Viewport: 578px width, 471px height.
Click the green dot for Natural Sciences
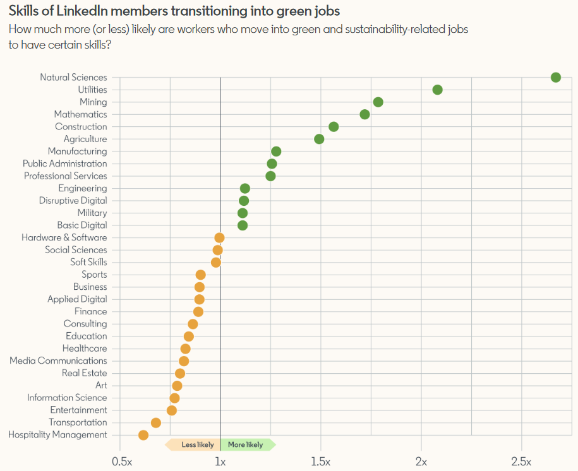[x=556, y=78]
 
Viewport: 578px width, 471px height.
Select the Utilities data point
[x=437, y=90]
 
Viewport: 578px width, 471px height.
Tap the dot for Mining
[x=378, y=102]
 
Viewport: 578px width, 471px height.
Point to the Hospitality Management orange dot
[x=143, y=435]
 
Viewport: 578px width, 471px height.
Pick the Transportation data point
[x=156, y=422]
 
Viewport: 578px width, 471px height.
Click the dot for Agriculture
[x=319, y=139]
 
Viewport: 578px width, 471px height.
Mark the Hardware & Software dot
[x=219, y=238]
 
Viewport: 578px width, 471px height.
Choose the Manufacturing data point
[x=276, y=152]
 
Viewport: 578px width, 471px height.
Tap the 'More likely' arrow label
[x=246, y=444]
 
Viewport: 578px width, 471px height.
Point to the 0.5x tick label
[x=121, y=462]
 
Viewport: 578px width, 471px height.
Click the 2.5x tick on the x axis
[x=521, y=462]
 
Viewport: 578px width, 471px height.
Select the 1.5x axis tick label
[x=320, y=462]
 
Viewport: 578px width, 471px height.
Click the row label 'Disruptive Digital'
[x=73, y=201]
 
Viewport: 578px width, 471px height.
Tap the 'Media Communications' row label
[x=58, y=361]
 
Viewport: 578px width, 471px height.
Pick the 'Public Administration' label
[x=65, y=164]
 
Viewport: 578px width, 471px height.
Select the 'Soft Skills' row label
[x=88, y=262]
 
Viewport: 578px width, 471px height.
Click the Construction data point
[x=334, y=127]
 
